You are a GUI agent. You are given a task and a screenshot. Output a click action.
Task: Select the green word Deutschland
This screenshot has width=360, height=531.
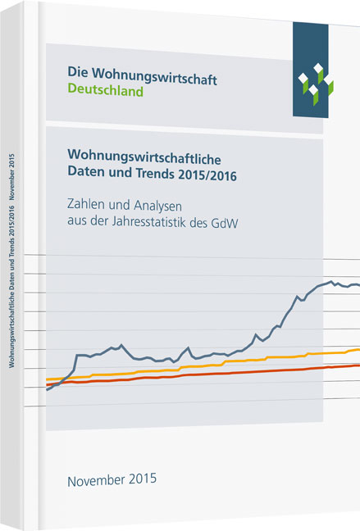104,92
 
